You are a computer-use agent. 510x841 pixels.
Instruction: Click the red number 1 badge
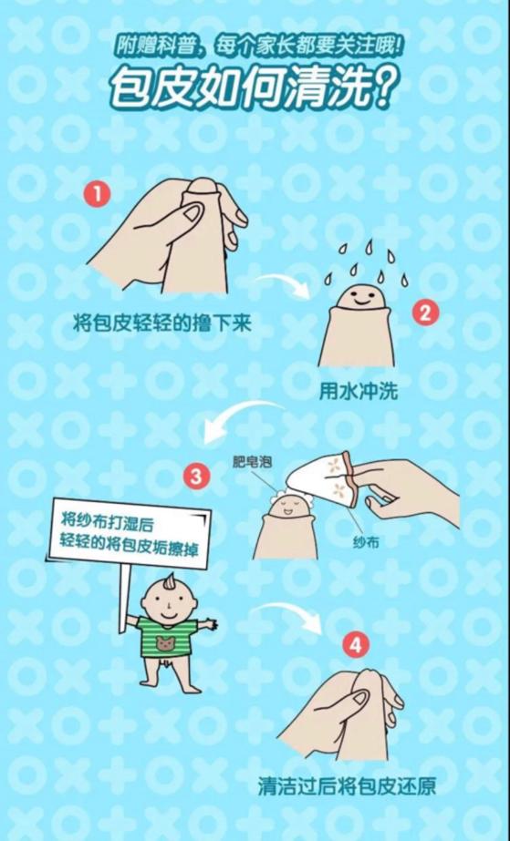[98, 194]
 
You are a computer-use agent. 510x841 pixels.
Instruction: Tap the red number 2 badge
[425, 313]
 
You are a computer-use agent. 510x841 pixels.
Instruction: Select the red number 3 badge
[196, 477]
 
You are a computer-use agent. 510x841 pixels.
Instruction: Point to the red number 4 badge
[356, 646]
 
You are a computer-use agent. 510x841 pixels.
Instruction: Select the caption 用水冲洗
[359, 392]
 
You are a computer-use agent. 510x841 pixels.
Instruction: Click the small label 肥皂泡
[252, 461]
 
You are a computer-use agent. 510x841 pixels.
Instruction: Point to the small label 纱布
[366, 542]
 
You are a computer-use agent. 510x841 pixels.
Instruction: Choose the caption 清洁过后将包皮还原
[347, 786]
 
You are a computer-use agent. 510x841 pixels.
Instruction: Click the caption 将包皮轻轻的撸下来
[162, 324]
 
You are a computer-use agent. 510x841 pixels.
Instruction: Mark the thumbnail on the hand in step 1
[192, 214]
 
